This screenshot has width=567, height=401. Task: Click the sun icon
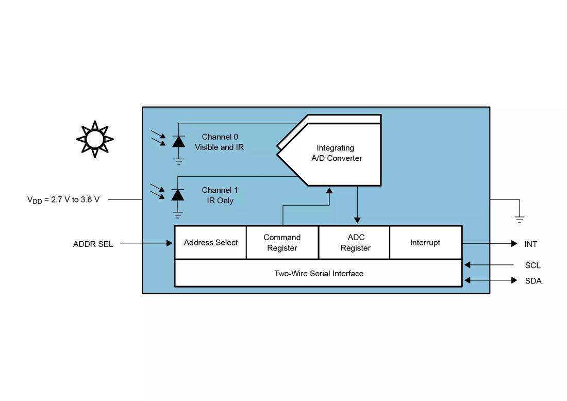(95, 139)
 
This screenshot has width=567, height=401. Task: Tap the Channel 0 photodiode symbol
(178, 141)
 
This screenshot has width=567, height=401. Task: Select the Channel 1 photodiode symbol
(178, 195)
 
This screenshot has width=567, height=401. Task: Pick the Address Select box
(210, 243)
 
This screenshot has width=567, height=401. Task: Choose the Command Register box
(282, 243)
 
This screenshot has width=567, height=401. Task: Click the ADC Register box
(355, 243)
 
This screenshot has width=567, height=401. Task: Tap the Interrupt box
(425, 243)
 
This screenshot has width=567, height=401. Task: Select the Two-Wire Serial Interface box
(318, 274)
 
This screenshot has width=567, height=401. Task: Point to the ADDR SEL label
(93, 244)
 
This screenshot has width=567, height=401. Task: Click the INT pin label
(530, 244)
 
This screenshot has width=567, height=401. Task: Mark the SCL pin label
(532, 265)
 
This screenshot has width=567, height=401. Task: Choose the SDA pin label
(533, 281)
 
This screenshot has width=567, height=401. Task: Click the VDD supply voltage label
(63, 199)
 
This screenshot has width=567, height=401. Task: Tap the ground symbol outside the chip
(520, 219)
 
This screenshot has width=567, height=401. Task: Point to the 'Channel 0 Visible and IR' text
(220, 142)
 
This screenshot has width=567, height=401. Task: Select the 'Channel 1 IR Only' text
(220, 195)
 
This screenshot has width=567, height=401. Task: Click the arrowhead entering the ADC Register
(357, 221)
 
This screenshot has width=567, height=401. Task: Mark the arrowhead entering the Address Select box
(170, 243)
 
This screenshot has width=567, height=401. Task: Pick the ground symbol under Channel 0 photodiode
(178, 162)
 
